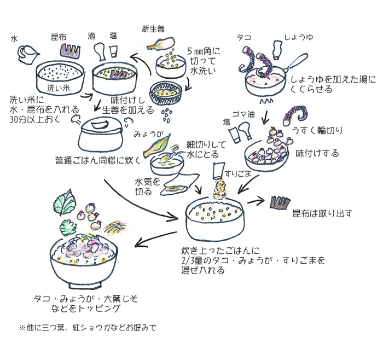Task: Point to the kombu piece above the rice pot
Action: pyautogui.click(x=68, y=51)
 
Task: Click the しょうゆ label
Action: pyautogui.click(x=298, y=38)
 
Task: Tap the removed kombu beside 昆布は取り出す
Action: pyautogui.click(x=282, y=203)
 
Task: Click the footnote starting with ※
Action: pyautogui.click(x=88, y=328)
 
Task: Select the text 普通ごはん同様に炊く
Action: pyautogui.click(x=98, y=161)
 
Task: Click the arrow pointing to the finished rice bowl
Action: pyautogui.click(x=156, y=236)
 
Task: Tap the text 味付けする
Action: pyautogui.click(x=317, y=153)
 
